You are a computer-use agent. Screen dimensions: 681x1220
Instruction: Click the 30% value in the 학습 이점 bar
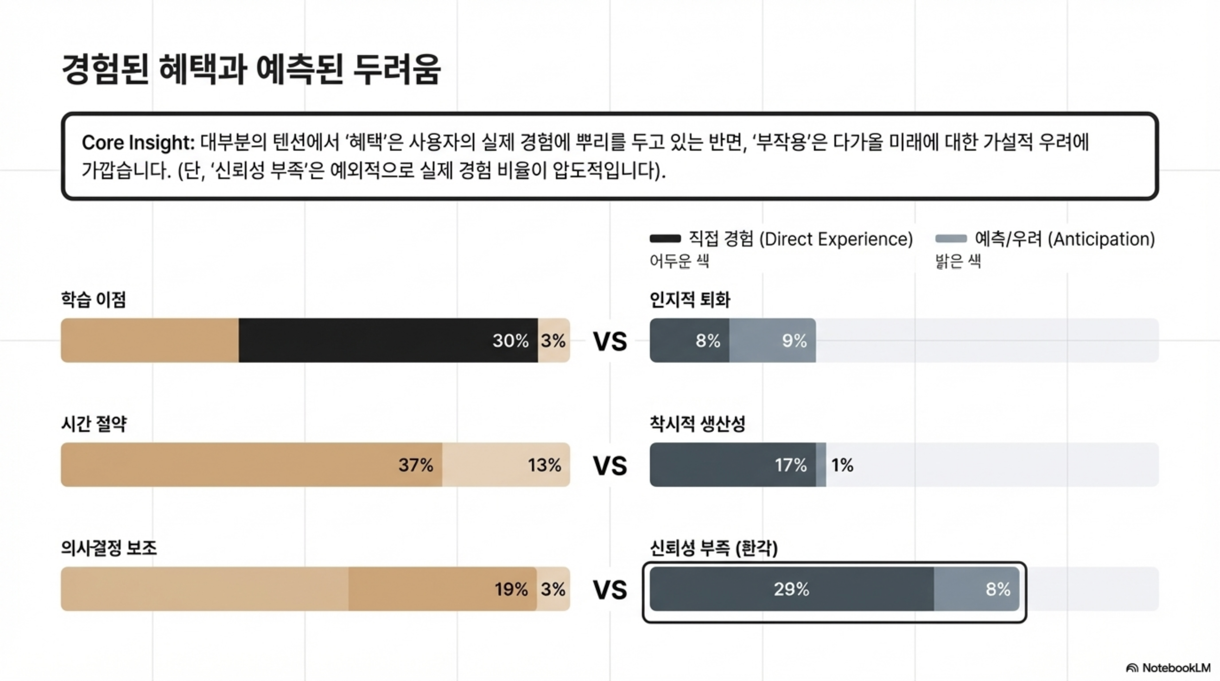510,341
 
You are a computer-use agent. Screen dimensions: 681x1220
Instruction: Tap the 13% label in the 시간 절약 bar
544,465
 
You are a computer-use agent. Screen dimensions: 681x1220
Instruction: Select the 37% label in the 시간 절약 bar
416,465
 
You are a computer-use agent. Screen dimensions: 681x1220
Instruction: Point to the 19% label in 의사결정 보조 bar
511,590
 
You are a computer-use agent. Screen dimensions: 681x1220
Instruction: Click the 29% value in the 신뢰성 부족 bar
791,590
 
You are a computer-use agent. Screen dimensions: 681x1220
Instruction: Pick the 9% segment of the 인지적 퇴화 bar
794,341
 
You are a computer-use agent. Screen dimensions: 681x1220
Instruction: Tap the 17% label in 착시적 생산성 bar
791,465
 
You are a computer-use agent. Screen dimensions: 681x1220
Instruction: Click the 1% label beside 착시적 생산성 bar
842,465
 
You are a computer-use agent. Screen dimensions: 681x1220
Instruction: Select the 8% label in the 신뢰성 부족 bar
998,590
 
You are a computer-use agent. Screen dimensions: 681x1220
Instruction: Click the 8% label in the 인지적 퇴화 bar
708,341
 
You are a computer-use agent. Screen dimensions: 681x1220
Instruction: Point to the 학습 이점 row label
93,300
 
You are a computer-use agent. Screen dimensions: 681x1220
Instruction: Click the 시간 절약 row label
94,424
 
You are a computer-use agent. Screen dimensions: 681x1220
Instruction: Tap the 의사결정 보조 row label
109,548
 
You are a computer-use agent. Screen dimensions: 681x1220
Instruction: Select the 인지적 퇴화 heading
690,300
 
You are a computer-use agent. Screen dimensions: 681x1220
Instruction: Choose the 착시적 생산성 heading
697,424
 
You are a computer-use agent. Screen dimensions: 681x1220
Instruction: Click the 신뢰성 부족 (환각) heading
713,548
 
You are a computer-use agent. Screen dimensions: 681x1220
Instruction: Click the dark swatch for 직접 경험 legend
665,238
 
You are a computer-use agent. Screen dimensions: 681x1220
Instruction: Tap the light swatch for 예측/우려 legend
951,238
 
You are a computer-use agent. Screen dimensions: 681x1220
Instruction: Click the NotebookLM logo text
1176,668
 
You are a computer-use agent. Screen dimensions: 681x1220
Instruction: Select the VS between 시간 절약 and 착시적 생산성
610,466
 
